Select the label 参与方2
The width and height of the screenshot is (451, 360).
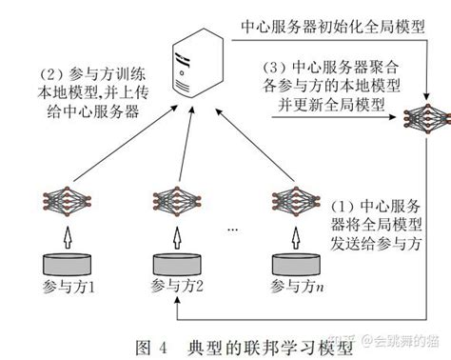coord(178,286)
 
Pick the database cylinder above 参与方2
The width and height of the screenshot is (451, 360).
coord(178,261)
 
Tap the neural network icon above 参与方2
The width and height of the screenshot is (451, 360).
coord(177,201)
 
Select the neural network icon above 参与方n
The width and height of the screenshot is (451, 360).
coord(291,201)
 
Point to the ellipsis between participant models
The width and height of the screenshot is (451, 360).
coord(234,229)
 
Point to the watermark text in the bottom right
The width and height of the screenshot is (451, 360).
coord(385,342)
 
